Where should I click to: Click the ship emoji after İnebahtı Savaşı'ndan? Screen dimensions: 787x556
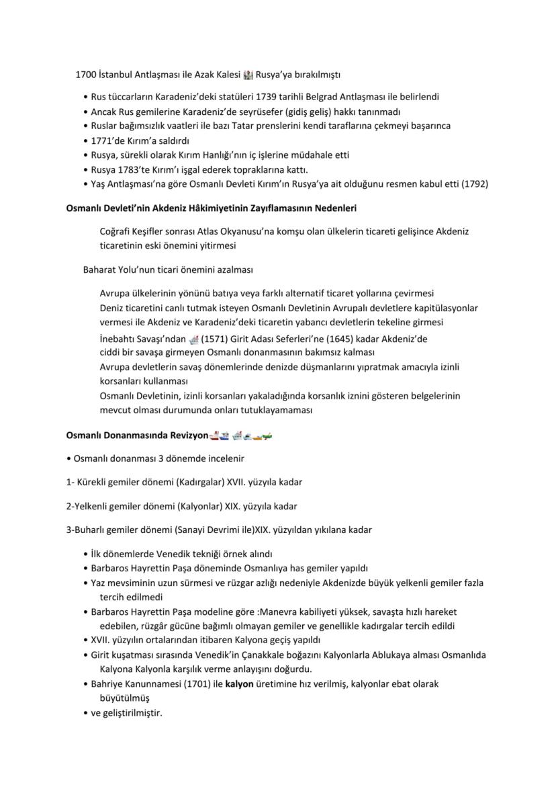[194, 339]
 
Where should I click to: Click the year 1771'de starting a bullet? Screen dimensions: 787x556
[109, 140]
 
